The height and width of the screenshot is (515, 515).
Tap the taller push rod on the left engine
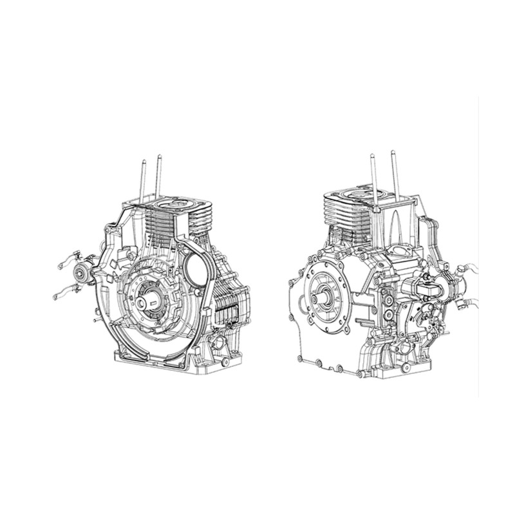coord(158,176)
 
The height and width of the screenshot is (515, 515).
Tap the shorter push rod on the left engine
coord(144,180)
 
